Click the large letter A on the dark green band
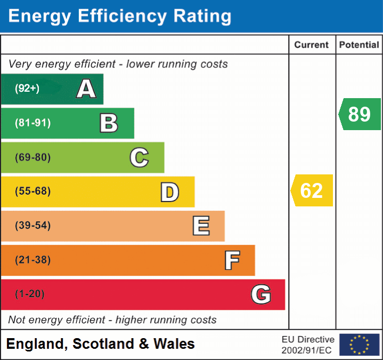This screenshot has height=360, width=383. [x=86, y=89]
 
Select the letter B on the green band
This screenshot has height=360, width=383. [x=109, y=123]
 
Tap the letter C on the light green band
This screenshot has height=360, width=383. [x=139, y=157]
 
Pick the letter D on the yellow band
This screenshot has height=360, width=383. [x=169, y=191]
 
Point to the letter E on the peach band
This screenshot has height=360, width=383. [x=201, y=226]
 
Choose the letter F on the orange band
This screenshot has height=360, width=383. [x=232, y=260]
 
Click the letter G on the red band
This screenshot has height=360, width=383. [x=261, y=294]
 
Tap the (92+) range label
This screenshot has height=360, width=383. [x=27, y=89]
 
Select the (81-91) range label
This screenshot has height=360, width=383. [x=33, y=123]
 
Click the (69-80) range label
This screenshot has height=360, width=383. [x=33, y=157]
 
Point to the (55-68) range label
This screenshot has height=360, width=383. [x=33, y=191]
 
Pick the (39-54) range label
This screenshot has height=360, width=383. [x=33, y=226]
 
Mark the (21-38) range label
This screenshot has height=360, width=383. [x=33, y=260]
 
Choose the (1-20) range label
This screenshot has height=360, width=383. [x=30, y=294]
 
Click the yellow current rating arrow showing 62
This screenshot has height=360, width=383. [x=312, y=190]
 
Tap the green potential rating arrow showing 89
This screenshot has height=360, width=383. [x=360, y=114]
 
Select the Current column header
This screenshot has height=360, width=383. [x=312, y=45]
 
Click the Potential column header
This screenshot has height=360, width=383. [x=359, y=45]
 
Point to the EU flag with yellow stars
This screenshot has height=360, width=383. [x=359, y=345]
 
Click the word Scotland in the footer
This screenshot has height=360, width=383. [x=101, y=344]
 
